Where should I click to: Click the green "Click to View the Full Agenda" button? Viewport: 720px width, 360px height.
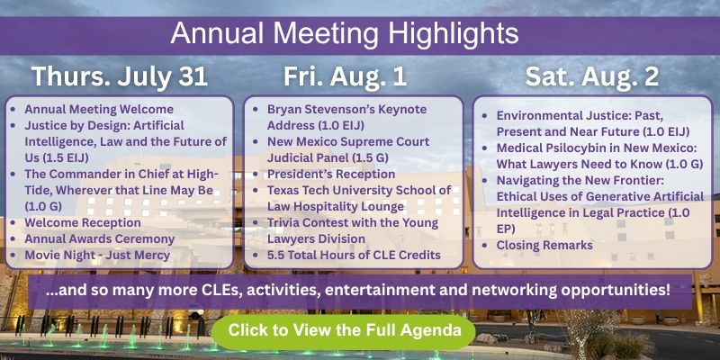point(344,331)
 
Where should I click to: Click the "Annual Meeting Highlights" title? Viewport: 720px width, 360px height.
point(345,34)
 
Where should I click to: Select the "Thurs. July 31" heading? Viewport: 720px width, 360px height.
point(120,76)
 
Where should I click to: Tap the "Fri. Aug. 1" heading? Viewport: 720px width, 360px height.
point(345,76)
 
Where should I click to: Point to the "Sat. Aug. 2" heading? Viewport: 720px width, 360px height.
point(592,76)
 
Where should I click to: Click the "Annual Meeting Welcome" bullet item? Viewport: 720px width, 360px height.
point(99,109)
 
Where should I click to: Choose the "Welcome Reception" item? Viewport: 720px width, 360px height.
point(83,222)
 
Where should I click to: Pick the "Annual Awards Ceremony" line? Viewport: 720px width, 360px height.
point(100,239)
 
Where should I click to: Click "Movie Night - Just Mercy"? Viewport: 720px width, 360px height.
point(97,255)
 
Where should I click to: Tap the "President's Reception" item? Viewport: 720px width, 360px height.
point(331,175)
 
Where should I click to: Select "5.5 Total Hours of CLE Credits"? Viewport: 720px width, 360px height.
point(354,255)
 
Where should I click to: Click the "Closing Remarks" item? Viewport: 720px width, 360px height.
point(544,245)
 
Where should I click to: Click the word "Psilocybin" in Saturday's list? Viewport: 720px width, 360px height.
point(583,148)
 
